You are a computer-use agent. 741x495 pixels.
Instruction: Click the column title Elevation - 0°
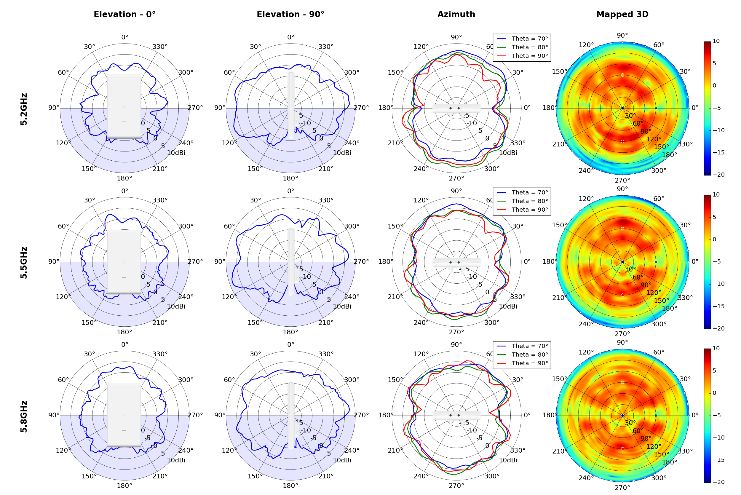pyautogui.click(x=124, y=15)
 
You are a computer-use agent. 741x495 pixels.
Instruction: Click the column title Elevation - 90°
pyautogui.click(x=290, y=15)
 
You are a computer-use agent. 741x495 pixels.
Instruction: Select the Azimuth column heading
pyautogui.click(x=456, y=15)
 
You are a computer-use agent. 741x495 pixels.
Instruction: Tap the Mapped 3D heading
pyautogui.click(x=622, y=15)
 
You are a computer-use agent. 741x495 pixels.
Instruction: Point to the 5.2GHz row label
pyautogui.click(x=24, y=109)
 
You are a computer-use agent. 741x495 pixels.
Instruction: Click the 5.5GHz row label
pyautogui.click(x=24, y=263)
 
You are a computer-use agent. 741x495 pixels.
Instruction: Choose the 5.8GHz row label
pyautogui.click(x=24, y=416)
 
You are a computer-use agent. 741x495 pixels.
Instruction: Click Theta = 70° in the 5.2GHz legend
pyautogui.click(x=530, y=39)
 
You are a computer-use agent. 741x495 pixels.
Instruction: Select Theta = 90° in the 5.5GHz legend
pyautogui.click(x=530, y=210)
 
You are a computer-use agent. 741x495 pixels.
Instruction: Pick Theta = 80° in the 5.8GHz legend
pyautogui.click(x=530, y=355)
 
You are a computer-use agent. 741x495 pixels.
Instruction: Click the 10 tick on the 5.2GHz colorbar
pyautogui.click(x=716, y=41)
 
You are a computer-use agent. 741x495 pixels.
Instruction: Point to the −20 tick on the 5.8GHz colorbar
pyautogui.click(x=718, y=482)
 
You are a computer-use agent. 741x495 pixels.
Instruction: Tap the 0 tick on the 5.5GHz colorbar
pyautogui.click(x=715, y=239)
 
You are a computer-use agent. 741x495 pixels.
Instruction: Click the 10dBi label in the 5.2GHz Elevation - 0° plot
pyautogui.click(x=176, y=153)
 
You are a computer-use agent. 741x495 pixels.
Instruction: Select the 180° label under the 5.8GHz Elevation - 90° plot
pyautogui.click(x=290, y=486)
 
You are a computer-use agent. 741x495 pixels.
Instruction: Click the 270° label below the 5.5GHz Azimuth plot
pyautogui.click(x=456, y=332)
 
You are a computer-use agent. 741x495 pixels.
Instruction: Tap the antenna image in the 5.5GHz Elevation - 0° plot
pyautogui.click(x=124, y=262)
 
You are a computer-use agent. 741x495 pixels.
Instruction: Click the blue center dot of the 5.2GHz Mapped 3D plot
pyautogui.click(x=622, y=108)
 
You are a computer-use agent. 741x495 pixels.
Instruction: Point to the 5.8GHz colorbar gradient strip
pyautogui.click(x=707, y=416)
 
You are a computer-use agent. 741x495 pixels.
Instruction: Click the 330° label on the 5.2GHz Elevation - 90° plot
pyautogui.click(x=326, y=47)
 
